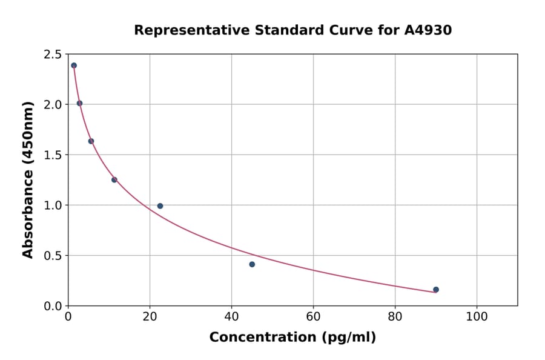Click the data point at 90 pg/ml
pyautogui.click(x=436, y=290)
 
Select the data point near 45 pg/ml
pyautogui.click(x=252, y=264)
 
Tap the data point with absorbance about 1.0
pyautogui.click(x=160, y=206)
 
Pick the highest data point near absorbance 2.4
pyautogui.click(x=74, y=65)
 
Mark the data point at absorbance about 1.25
pyautogui.click(x=114, y=180)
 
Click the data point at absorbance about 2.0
pyautogui.click(x=79, y=104)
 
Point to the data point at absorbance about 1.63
pyautogui.click(x=91, y=141)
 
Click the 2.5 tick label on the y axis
pyautogui.click(x=52, y=55)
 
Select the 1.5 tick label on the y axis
pyautogui.click(x=52, y=155)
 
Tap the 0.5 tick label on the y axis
pyautogui.click(x=52, y=256)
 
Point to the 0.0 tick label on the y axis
pyautogui.click(x=52, y=306)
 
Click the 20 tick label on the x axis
pyautogui.click(x=150, y=317)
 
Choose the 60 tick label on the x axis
pyautogui.click(x=313, y=317)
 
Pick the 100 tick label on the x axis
pyautogui.click(x=477, y=317)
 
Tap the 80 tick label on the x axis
pyautogui.click(x=395, y=317)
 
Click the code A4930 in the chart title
pyautogui.click(x=428, y=30)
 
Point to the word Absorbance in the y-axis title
pyautogui.click(x=28, y=205)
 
